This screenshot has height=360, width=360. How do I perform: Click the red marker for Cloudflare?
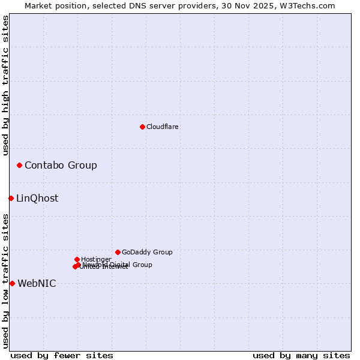point(142,127)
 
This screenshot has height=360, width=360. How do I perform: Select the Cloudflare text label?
point(162,127)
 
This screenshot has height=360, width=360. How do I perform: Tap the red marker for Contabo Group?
point(19,165)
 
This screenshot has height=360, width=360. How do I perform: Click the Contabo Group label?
point(61,165)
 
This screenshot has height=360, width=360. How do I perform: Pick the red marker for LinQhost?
point(11,198)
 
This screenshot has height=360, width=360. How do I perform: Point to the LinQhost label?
point(37,198)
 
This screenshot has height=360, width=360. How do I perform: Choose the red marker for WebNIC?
point(12,283)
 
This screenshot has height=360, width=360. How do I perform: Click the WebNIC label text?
point(37,283)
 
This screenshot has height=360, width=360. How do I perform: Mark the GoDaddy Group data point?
point(118,252)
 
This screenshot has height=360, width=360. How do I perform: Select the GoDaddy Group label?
point(147,252)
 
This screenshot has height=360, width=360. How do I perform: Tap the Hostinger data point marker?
point(77,259)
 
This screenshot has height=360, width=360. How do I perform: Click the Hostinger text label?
point(96,259)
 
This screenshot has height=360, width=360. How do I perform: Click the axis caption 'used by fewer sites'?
point(62,355)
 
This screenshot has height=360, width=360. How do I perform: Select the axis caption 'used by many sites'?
point(301,355)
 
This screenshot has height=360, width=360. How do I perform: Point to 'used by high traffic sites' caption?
point(5,85)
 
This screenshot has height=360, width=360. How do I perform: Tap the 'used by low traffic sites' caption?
point(5,281)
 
